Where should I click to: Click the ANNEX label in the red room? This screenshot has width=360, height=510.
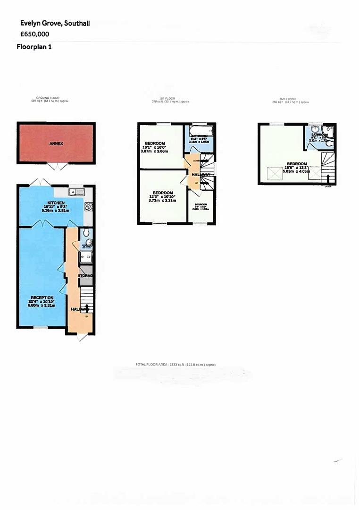click(57, 143)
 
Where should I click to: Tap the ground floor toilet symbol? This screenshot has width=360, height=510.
click(85, 233)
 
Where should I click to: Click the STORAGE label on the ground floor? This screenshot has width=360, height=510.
click(85, 275)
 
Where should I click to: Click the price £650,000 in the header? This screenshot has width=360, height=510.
click(34, 34)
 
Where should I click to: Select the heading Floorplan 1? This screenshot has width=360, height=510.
click(34, 47)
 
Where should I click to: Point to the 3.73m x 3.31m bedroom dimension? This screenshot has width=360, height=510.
click(163, 201)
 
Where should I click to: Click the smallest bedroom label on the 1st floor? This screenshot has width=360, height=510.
click(201, 204)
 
